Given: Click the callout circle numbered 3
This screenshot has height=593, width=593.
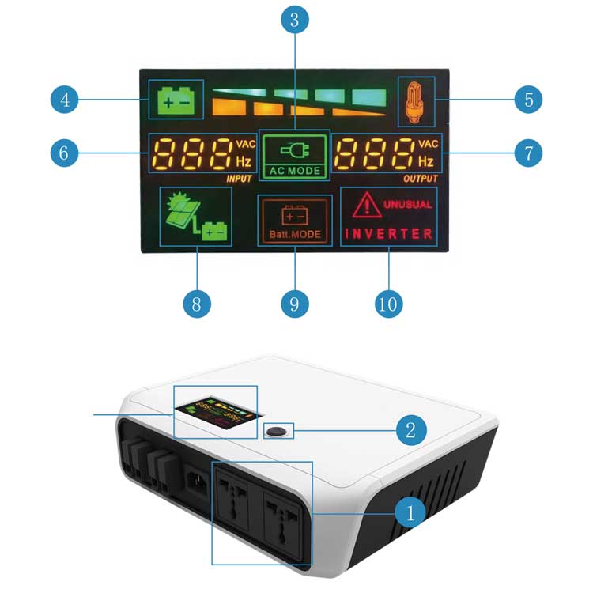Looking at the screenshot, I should [294, 21].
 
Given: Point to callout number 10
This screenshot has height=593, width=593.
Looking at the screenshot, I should [390, 304].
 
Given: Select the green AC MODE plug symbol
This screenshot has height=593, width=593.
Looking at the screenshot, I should [293, 145].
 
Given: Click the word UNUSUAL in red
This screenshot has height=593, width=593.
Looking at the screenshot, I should [408, 204].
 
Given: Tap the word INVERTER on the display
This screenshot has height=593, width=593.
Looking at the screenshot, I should [388, 234].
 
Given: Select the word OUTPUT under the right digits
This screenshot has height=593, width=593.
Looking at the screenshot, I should [419, 179].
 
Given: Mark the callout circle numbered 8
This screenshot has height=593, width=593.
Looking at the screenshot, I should [197, 304].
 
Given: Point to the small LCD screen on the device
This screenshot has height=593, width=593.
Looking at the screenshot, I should [211, 413].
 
